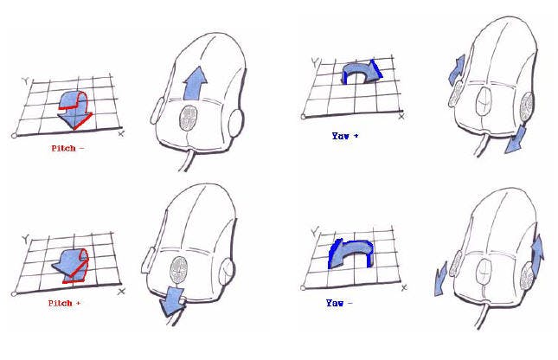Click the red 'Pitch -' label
click(67, 148)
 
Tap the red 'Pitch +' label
click(64, 304)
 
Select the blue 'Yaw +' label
click(345, 136)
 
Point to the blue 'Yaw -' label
click(339, 303)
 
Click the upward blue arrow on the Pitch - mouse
click(195, 83)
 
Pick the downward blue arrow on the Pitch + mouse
click(173, 302)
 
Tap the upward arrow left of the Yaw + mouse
click(457, 70)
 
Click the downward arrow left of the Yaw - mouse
click(440, 279)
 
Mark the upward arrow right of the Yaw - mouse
click(537, 252)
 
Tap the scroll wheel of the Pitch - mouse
click(189, 119)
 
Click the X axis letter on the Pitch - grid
click(121, 134)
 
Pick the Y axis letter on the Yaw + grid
click(315, 61)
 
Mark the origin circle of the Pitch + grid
click(14, 293)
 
